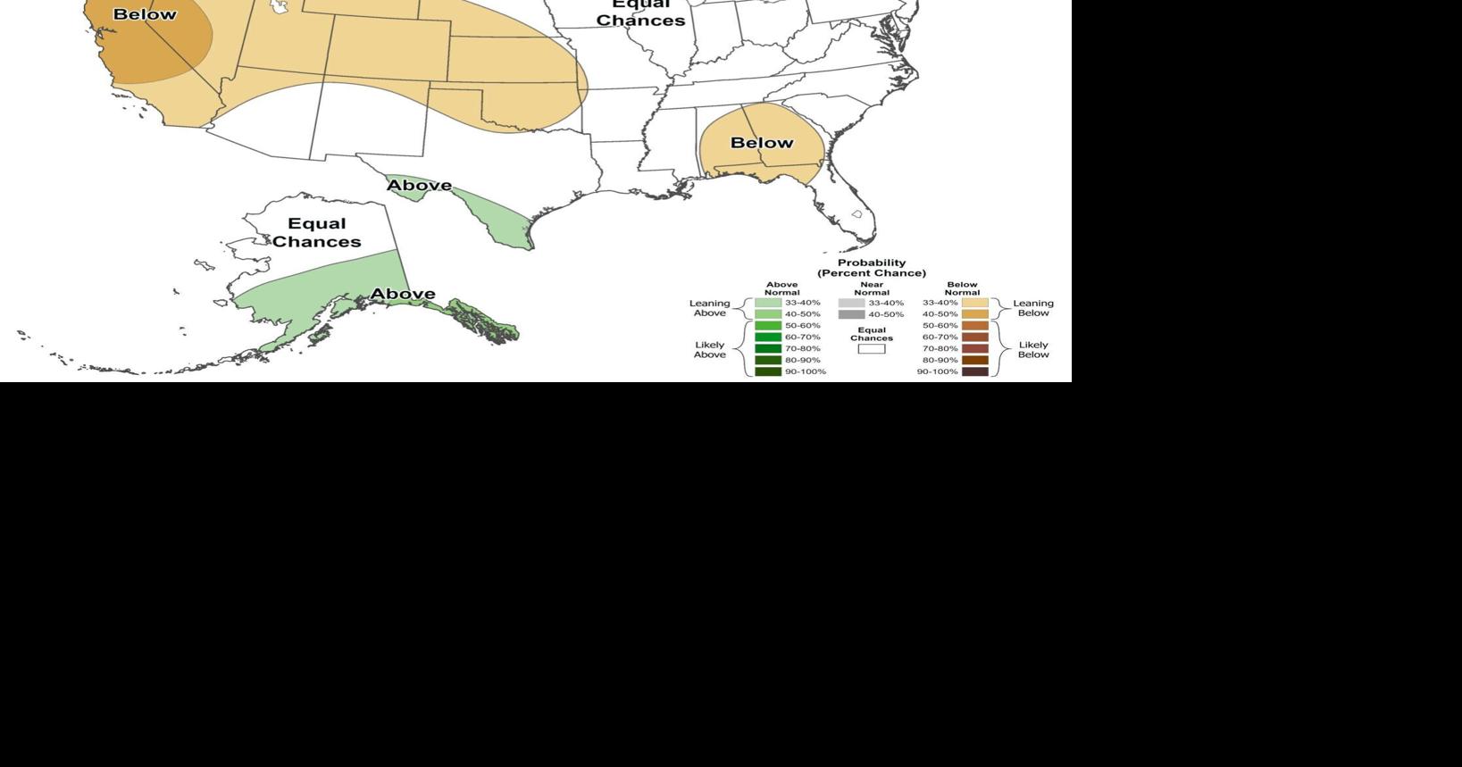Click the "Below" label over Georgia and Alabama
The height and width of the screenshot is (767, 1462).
762,143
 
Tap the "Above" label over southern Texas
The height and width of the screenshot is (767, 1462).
419,186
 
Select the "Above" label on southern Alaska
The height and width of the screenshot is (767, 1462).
403,294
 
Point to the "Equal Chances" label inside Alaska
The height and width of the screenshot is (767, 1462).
317,232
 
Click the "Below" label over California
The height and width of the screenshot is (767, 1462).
145,14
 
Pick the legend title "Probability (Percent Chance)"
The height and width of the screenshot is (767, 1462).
872,268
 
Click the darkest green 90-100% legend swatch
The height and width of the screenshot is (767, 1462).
768,371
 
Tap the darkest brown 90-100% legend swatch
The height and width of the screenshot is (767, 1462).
975,371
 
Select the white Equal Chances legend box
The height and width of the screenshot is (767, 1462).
872,349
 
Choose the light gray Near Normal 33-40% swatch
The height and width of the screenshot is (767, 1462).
851,303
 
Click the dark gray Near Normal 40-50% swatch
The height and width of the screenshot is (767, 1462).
851,314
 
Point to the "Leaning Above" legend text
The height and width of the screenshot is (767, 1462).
710,308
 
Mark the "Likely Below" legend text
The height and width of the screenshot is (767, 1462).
1033,349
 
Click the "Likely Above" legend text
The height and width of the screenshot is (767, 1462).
710,349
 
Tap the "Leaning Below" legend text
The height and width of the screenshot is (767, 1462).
1033,308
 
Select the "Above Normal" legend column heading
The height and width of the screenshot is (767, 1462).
781,288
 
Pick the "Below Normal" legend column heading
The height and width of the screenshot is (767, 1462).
962,288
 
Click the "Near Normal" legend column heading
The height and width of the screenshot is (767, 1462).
872,288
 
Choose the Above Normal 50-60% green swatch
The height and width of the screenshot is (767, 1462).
768,326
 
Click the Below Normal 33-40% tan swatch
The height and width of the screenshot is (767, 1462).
975,303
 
